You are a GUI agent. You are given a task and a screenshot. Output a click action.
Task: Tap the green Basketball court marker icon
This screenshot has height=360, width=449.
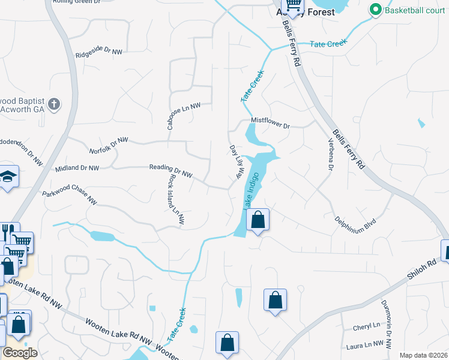376,10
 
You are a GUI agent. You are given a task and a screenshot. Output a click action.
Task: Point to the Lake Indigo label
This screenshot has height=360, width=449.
252,190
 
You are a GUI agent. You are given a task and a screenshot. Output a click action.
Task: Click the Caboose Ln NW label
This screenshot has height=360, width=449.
183,112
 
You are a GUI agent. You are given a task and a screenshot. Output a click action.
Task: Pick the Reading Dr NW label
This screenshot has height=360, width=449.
170,171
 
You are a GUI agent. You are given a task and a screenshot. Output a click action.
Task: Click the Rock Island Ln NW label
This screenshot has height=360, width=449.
175,200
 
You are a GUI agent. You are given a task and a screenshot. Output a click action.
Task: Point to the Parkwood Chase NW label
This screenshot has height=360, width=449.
69,199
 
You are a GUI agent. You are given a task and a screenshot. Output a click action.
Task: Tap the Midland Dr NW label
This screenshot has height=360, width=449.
77,168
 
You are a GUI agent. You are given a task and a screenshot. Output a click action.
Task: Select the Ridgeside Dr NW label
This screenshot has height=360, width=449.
99,54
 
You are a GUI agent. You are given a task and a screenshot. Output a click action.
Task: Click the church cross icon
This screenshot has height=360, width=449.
54,104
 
